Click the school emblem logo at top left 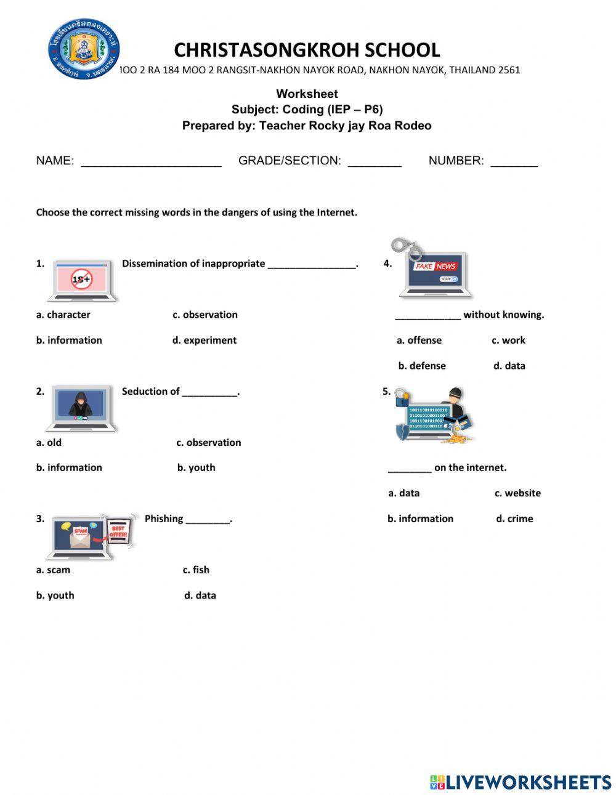[84, 49]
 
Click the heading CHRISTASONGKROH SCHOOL [307, 50]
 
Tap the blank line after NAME [151, 162]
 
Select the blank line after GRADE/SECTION [375, 162]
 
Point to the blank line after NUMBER [514, 162]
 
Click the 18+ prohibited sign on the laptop [81, 279]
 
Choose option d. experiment [204, 340]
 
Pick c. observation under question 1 [205, 315]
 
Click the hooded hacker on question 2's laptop [81, 404]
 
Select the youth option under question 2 [196, 467]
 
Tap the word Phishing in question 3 [164, 519]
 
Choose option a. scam [53, 570]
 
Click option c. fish [196, 570]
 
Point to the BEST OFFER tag [118, 532]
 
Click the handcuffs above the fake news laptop [407, 248]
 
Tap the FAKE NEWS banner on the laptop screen [436, 266]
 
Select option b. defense [421, 366]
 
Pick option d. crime [514, 519]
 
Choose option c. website [517, 493]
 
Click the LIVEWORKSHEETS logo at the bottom [521, 782]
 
